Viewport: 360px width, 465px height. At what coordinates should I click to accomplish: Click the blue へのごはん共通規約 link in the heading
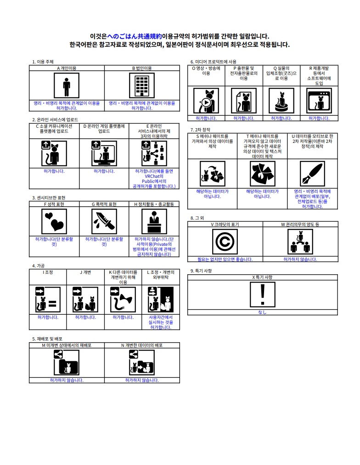click(x=134, y=36)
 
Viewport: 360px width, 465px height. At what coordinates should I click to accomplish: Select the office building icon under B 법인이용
click(x=142, y=85)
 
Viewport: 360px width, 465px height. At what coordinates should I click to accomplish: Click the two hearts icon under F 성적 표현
click(x=54, y=221)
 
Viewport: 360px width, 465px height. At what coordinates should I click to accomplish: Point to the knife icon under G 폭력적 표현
click(x=104, y=221)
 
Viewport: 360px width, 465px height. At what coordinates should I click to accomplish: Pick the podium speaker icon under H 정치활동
click(x=154, y=221)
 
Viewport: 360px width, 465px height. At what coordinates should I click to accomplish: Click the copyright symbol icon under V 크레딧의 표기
click(x=225, y=241)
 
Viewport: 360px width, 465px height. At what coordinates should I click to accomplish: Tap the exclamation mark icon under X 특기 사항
click(x=263, y=294)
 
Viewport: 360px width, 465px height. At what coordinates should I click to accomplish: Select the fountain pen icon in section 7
click(x=312, y=174)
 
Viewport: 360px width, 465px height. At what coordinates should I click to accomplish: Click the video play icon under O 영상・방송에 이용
click(x=206, y=101)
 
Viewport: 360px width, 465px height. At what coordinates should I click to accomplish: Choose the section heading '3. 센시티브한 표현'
click(x=49, y=198)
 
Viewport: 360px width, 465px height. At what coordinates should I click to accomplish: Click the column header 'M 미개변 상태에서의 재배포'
click(x=67, y=345)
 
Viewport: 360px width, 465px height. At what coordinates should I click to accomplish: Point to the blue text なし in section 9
click(x=262, y=312)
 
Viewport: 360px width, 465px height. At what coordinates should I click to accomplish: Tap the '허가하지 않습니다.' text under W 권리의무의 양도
click(x=300, y=259)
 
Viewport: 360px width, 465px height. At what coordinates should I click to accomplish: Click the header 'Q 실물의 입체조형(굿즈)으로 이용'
click(x=281, y=73)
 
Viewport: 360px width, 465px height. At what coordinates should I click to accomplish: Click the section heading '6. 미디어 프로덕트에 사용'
click(x=214, y=62)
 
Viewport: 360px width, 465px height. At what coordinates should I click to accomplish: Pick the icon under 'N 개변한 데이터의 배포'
click(x=142, y=362)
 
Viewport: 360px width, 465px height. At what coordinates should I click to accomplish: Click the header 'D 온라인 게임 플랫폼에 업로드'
click(x=104, y=129)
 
